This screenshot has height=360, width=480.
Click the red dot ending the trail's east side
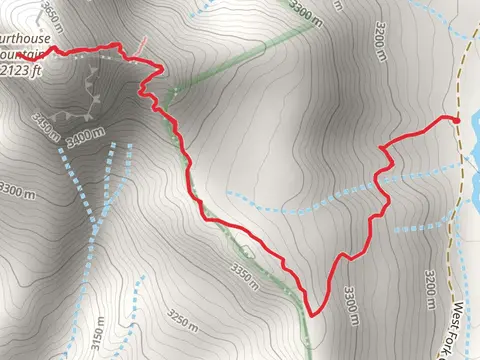click(457, 119)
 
